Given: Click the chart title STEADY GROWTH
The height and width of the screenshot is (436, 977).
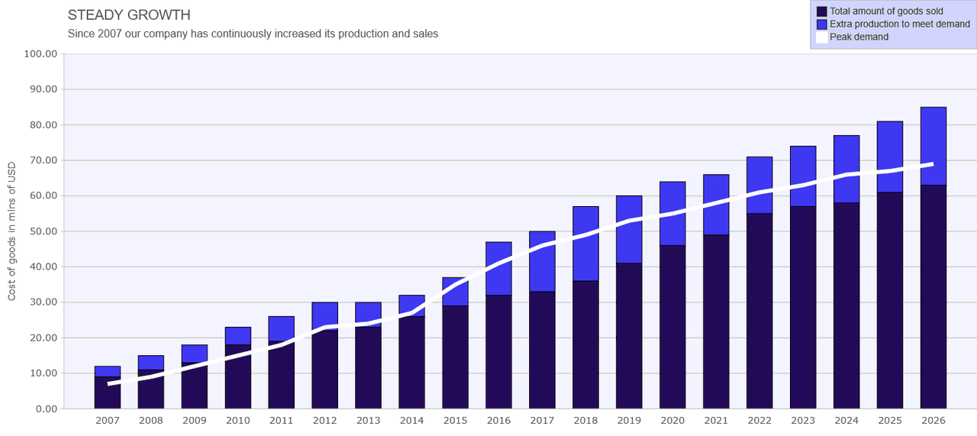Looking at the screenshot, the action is click(129, 15).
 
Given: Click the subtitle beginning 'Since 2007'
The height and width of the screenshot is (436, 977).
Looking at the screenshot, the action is click(253, 34).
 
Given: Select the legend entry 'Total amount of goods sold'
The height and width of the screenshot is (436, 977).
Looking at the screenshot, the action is click(886, 11).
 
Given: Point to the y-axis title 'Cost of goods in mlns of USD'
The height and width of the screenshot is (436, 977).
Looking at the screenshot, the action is click(11, 231).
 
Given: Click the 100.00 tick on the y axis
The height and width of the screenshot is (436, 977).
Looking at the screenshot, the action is click(40, 53).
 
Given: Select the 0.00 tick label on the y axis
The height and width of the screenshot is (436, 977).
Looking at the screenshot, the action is click(47, 409).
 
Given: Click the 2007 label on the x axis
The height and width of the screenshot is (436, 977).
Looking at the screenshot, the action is click(108, 420).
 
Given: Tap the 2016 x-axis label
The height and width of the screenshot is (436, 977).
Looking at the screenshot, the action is click(498, 420).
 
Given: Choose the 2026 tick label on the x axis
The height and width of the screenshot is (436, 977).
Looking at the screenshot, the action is click(933, 420).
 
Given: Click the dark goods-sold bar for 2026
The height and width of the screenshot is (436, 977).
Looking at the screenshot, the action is click(933, 297).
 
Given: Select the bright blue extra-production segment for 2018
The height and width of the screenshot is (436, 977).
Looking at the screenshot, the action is click(585, 244).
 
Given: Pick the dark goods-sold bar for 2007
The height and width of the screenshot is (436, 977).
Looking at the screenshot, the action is click(108, 392).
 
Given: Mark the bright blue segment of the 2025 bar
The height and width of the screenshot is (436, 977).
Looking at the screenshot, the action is click(890, 157).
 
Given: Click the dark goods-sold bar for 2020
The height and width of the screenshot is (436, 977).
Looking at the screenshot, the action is click(672, 327).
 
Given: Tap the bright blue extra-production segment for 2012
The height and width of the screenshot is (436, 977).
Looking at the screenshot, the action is click(324, 315).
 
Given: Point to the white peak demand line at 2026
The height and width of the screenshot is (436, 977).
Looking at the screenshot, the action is click(933, 164).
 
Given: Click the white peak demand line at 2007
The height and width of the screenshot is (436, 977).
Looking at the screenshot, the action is click(109, 383).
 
